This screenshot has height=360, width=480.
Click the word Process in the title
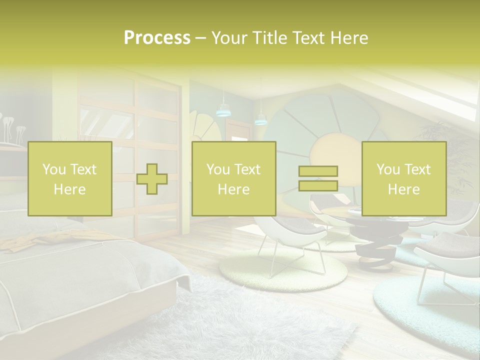click(157, 38)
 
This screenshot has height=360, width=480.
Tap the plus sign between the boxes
click(152, 178)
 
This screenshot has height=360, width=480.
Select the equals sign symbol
click(318, 178)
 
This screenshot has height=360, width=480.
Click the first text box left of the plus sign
click(70, 178)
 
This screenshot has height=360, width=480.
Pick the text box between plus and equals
click(233, 178)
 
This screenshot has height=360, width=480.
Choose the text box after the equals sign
click(403, 178)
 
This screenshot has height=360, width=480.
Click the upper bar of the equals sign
click(318, 171)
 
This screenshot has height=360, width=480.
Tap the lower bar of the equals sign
click(318, 185)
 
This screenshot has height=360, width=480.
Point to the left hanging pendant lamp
click(222, 110)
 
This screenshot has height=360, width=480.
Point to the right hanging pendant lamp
click(260, 119)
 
